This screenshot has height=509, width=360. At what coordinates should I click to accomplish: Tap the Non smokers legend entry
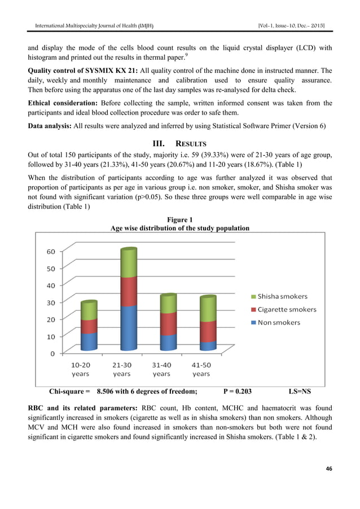point(275,322)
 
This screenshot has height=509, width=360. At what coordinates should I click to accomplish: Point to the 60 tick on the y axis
point(50,251)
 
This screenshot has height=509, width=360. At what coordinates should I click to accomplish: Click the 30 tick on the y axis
point(50,302)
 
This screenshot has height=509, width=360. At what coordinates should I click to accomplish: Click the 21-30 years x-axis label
point(121,369)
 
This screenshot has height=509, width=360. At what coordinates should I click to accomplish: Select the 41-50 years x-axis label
point(201,369)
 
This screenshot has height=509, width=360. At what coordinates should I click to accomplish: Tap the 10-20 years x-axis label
point(81,369)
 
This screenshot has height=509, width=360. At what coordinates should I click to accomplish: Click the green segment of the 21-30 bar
point(129,263)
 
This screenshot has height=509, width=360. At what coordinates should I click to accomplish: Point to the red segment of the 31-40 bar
point(168,324)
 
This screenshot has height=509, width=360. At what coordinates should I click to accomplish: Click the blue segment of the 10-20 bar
point(89,341)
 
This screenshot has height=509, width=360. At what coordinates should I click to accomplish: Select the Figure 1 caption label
point(180,220)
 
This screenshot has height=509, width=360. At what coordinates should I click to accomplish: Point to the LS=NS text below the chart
point(300,390)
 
